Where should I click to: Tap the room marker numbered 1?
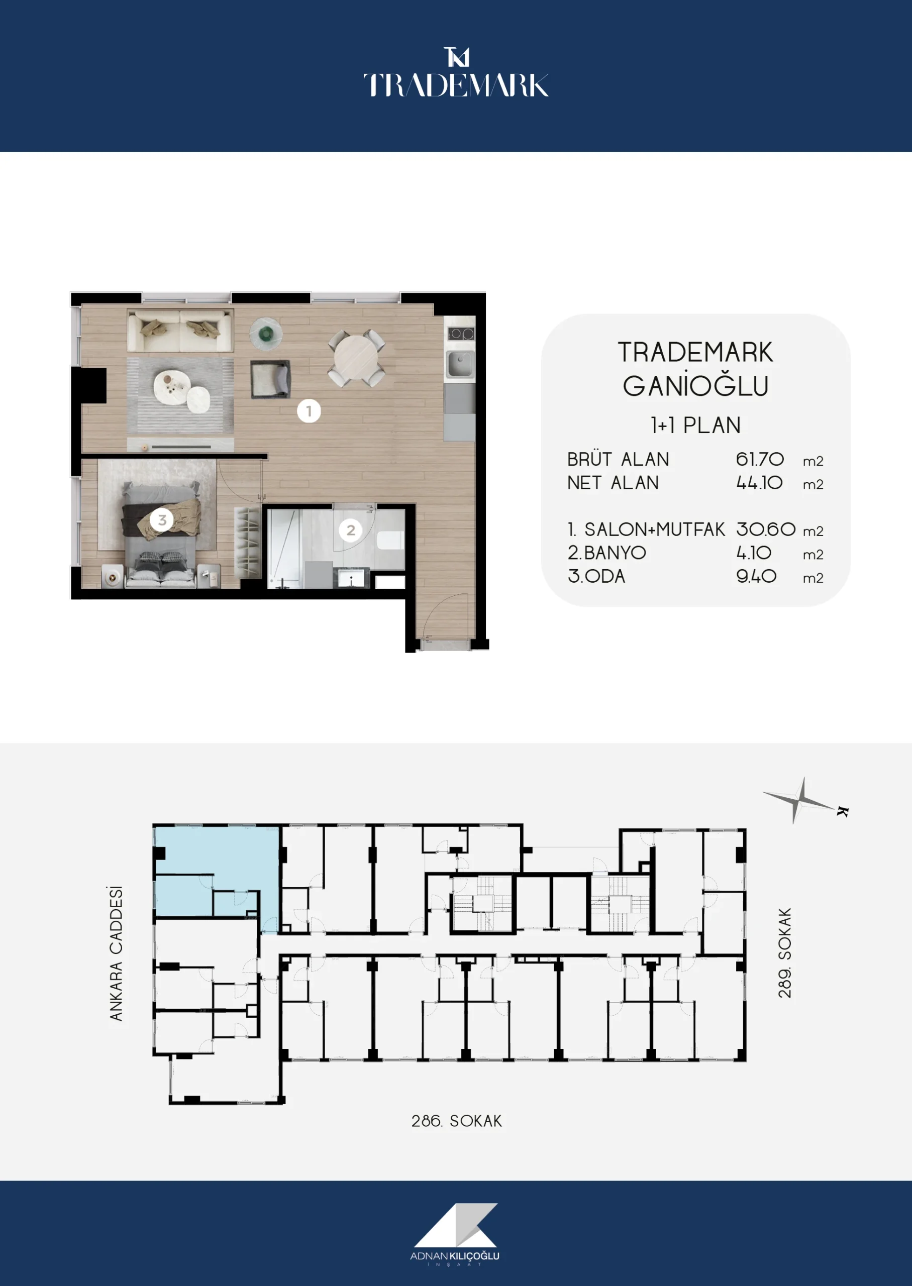[309, 411]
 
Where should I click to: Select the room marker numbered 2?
[350, 530]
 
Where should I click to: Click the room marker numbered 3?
[162, 520]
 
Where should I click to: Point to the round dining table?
[357, 358]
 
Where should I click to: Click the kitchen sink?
[460, 364]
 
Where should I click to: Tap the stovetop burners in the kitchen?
[460, 334]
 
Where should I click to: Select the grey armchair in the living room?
[271, 379]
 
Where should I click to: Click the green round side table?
[266, 334]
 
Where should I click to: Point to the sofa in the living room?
[180, 331]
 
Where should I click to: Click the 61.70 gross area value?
[760, 459]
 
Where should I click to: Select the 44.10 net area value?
[759, 483]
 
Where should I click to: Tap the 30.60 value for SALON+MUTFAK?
[766, 529]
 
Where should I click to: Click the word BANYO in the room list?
[615, 553]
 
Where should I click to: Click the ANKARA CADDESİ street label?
[116, 953]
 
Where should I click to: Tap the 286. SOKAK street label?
[457, 1121]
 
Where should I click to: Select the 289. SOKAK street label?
[784, 952]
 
